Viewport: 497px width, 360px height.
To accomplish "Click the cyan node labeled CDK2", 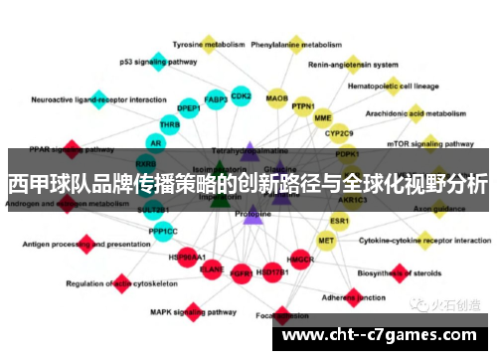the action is tap(241, 96).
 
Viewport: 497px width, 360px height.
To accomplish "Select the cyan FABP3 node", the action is tap(216, 99).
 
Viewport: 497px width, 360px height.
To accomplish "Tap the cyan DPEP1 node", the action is tap(189, 107).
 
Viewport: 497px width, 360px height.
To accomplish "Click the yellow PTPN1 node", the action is tap(303, 106).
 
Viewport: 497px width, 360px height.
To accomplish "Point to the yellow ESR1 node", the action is tap(340, 220).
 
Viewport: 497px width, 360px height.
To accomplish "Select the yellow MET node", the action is tap(326, 241).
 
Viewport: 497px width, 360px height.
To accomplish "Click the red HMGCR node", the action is tap(301, 259).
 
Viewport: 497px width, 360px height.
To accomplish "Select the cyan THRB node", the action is tap(170, 124).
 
